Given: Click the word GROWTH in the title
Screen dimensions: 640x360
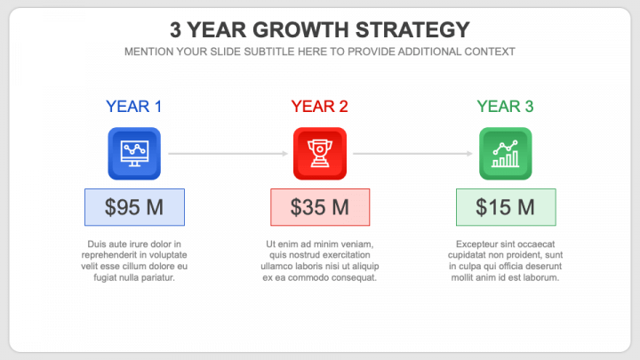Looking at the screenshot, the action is tap(300, 30).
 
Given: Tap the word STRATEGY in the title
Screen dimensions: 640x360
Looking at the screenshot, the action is tap(412, 30).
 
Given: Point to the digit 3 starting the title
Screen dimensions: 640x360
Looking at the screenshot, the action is tap(175, 30).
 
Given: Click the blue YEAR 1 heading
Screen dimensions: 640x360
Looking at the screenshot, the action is tap(134, 107).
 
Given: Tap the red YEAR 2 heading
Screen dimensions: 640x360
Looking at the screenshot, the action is tap(320, 107).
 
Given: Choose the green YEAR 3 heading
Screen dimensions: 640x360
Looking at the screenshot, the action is tap(505, 107).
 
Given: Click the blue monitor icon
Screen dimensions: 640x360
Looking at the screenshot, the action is tap(134, 154).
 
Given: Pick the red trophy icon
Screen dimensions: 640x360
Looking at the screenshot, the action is tap(320, 154).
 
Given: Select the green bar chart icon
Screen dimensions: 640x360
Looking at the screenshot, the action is tap(505, 154).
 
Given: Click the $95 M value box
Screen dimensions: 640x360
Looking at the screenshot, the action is tap(135, 207).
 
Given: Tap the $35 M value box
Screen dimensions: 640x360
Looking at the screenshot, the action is tap(320, 207).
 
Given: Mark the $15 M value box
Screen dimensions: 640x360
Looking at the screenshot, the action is tap(506, 207).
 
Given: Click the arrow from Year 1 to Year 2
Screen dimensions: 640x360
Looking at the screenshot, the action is tap(228, 154).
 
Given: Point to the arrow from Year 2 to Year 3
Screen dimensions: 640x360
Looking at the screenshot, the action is tap(413, 154).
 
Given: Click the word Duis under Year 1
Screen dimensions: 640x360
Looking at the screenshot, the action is tap(96, 244).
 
